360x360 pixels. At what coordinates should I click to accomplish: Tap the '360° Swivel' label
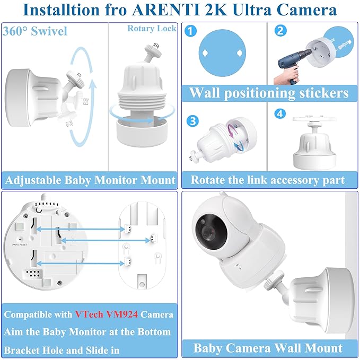click(x=35, y=31)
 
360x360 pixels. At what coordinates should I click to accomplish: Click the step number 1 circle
click(x=192, y=31)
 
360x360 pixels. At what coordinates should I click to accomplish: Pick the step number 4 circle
click(x=280, y=114)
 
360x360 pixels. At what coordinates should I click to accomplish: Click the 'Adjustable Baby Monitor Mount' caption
click(x=90, y=180)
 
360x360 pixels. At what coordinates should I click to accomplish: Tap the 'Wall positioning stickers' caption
click(x=269, y=93)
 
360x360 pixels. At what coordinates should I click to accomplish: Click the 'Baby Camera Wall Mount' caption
click(x=268, y=348)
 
